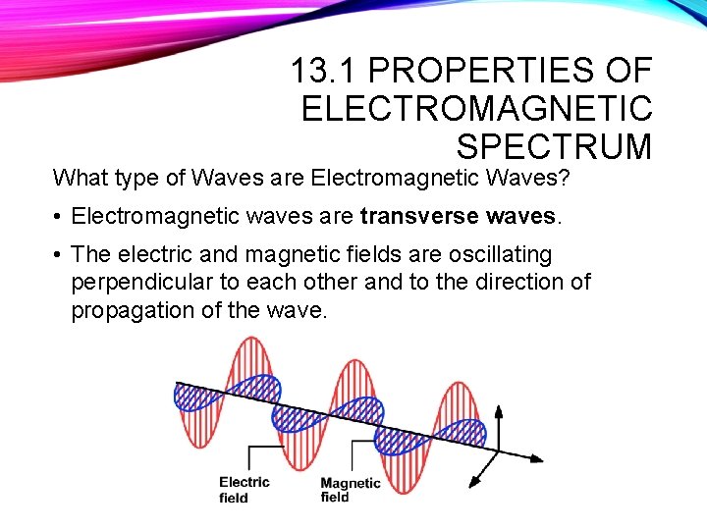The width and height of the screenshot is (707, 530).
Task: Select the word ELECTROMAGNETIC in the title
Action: pyautogui.click(x=476, y=108)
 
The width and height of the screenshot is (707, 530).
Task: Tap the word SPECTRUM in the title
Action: pyautogui.click(x=554, y=146)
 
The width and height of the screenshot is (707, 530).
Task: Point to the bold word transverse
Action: pyautogui.click(x=410, y=215)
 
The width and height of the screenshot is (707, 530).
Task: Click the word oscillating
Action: pyautogui.click(x=500, y=254)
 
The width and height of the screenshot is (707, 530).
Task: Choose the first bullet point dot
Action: pyautogui.click(x=59, y=215)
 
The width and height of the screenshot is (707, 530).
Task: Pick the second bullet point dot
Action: pyautogui.click(x=59, y=254)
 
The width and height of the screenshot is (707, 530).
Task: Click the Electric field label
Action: pyautogui.click(x=244, y=489)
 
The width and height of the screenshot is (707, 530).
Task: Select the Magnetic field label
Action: pyautogui.click(x=350, y=489)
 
